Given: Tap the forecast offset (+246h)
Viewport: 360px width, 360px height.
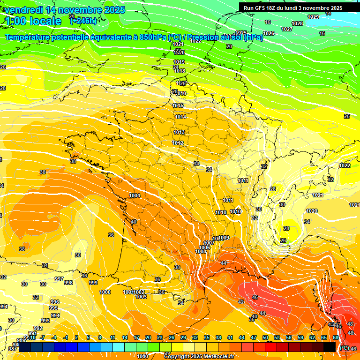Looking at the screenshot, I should pyautogui.click(x=83, y=21).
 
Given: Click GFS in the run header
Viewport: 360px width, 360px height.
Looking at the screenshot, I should pyautogui.click(x=264, y=8).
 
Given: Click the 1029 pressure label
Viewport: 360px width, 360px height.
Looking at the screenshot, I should pyautogui.click(x=313, y=17).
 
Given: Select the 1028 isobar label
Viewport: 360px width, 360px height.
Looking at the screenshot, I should pyautogui.click(x=297, y=23).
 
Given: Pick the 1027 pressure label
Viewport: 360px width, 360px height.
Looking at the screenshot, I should pyautogui.click(x=287, y=29).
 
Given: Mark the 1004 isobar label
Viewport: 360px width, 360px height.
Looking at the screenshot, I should pyautogui.click(x=135, y=195).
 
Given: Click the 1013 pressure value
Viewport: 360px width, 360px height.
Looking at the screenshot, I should pyautogui.click(x=179, y=133).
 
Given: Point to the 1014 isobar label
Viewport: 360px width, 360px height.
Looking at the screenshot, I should pyautogui.click(x=180, y=117).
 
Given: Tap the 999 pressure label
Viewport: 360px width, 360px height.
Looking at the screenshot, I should pyautogui.click(x=93, y=283).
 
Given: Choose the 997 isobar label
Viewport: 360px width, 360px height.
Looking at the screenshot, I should pyautogui.click(x=59, y=279).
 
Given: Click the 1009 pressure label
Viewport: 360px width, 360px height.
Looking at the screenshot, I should pyautogui.click(x=224, y=238).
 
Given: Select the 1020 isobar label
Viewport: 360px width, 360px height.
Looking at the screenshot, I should pyautogui.click(x=312, y=211).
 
